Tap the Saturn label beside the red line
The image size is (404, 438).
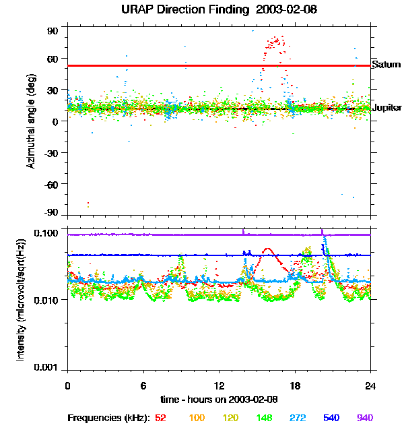coord(386,65)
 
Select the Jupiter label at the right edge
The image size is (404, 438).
coord(387,108)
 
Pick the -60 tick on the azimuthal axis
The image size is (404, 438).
coord(51,184)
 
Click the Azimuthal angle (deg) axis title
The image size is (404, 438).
coord(31,121)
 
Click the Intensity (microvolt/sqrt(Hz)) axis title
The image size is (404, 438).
coord(21,300)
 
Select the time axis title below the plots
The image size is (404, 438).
coord(219,399)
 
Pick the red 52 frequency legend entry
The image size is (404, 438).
coord(160,418)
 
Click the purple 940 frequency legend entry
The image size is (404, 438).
coord(365,418)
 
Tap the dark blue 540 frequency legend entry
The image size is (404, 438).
coord(331,418)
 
